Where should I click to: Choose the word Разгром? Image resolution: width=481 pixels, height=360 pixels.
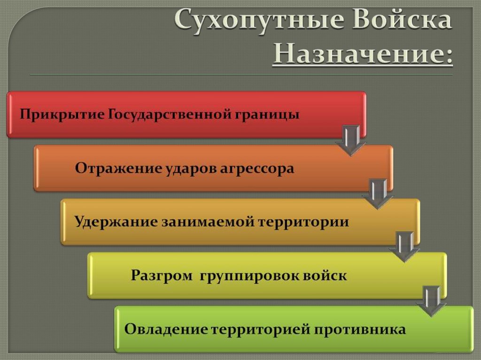pyautogui.click(x=161, y=275)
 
